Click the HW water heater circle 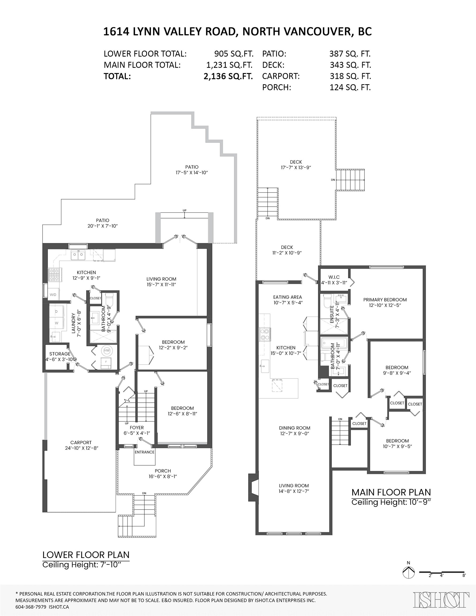[x=107, y=351]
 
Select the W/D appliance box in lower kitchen [x=53, y=294]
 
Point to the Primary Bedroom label [x=385, y=299]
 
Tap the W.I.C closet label [x=334, y=277]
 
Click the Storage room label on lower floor [x=60, y=354]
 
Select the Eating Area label [x=287, y=297]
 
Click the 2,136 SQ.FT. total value [x=228, y=76]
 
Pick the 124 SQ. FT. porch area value [x=350, y=87]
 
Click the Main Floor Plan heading [x=391, y=492]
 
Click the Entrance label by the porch [x=144, y=452]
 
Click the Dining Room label [x=295, y=428]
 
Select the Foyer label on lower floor [x=137, y=428]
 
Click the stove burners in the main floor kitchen [x=265, y=334]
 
